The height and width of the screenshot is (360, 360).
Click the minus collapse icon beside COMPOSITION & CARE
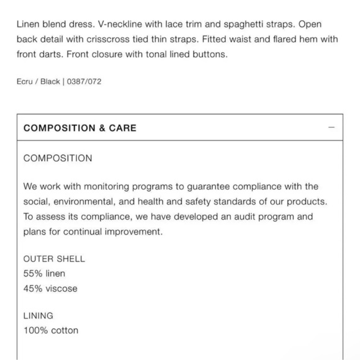(x=331, y=128)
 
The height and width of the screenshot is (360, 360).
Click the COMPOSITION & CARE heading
(x=79, y=128)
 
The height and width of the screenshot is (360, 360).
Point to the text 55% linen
(x=44, y=274)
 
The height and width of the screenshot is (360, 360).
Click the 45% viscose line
(x=50, y=289)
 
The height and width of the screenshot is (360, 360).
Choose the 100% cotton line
(x=51, y=330)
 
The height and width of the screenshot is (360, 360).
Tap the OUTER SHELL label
(x=54, y=259)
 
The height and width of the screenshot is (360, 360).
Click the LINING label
(x=38, y=315)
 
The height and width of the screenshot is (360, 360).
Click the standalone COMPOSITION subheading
(x=58, y=158)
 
